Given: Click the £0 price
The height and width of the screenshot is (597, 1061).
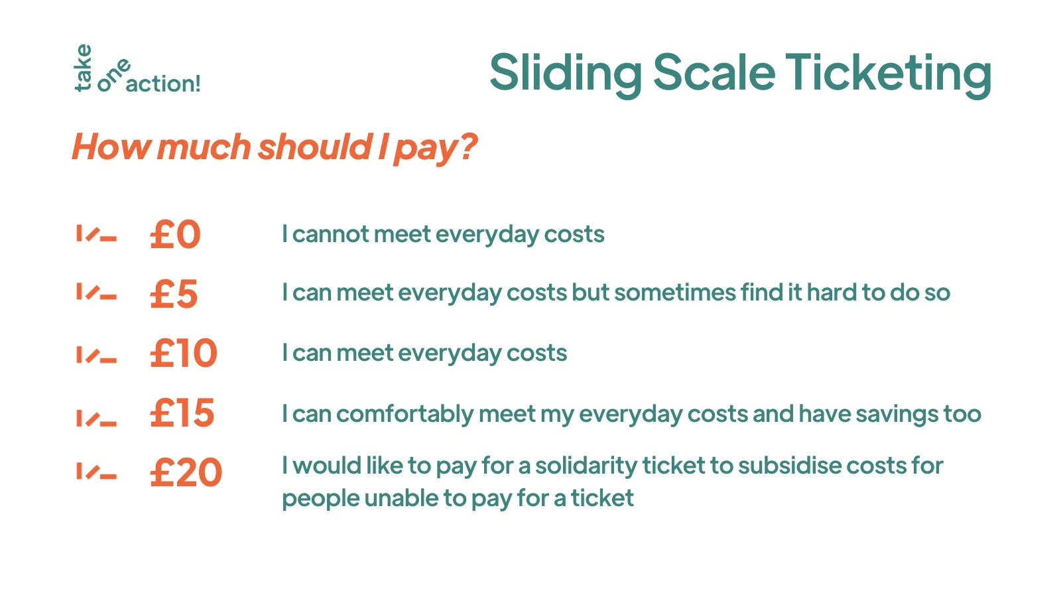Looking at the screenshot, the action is tap(175, 234).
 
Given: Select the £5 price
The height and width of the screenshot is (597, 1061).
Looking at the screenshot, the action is tap(173, 294).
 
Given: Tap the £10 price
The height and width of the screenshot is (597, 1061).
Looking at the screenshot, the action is tap(183, 353).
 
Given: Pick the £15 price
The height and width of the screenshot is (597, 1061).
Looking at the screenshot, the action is tap(182, 413).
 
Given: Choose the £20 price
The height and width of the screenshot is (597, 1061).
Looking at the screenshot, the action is tap(186, 472).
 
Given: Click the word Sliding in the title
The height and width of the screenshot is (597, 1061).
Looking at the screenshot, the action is tap(566, 74).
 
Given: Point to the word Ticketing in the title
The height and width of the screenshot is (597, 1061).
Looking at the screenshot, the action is tap(888, 74).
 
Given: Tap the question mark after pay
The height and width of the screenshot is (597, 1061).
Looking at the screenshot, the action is tap(468, 147).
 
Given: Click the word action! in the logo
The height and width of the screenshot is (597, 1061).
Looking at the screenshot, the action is tap(163, 84).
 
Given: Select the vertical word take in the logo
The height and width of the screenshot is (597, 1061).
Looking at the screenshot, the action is tap(83, 67).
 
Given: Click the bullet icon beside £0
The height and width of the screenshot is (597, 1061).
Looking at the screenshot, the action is tap(97, 233).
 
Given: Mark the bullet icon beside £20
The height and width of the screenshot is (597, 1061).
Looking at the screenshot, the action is tap(97, 472).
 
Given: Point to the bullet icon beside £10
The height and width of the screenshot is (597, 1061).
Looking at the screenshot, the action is tap(97, 355).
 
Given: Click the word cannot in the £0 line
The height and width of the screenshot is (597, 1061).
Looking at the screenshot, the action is tap(331, 234).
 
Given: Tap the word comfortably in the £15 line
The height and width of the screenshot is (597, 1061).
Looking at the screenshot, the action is tap(405, 414).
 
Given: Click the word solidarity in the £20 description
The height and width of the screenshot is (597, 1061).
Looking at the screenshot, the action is tap(586, 466).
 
